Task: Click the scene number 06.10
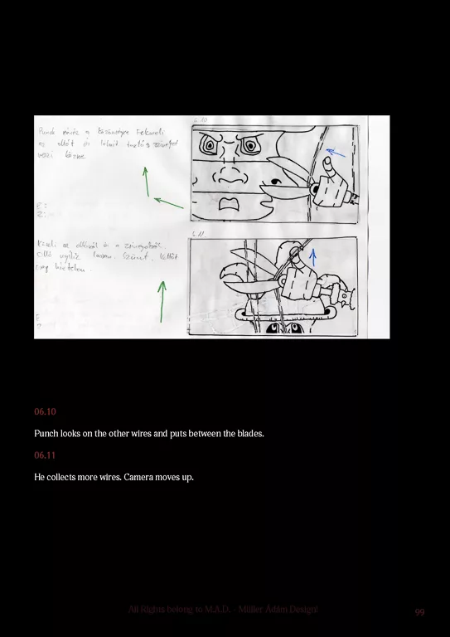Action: (45, 411)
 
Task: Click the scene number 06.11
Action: (45, 455)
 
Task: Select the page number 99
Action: (419, 612)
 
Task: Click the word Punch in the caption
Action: (47, 434)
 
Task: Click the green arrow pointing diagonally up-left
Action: (169, 202)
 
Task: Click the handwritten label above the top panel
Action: (200, 121)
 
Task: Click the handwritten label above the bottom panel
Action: (198, 234)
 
